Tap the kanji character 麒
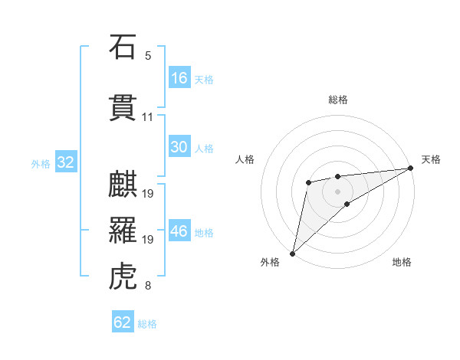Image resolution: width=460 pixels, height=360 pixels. [x=123, y=185]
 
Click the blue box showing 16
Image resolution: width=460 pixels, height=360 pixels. [x=179, y=78]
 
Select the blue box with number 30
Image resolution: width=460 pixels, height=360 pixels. [x=179, y=147]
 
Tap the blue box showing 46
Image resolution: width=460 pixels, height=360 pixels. [x=179, y=231]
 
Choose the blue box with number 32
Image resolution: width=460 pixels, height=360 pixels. [x=65, y=162]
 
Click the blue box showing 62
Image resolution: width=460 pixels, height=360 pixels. [x=123, y=322]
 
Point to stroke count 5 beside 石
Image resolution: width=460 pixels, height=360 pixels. [x=148, y=56]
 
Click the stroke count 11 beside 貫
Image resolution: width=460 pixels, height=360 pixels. [x=148, y=117]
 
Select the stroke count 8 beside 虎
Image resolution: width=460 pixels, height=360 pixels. [x=148, y=286]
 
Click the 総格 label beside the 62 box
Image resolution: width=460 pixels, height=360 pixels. [x=147, y=324]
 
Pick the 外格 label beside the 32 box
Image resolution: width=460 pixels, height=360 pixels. [x=40, y=163]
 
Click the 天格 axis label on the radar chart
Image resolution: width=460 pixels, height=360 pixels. [x=431, y=159]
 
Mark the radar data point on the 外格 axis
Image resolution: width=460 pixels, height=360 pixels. [x=292, y=253]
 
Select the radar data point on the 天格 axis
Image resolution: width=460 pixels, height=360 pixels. [x=411, y=168]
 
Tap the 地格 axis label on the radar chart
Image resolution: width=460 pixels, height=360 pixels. [x=402, y=263]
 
